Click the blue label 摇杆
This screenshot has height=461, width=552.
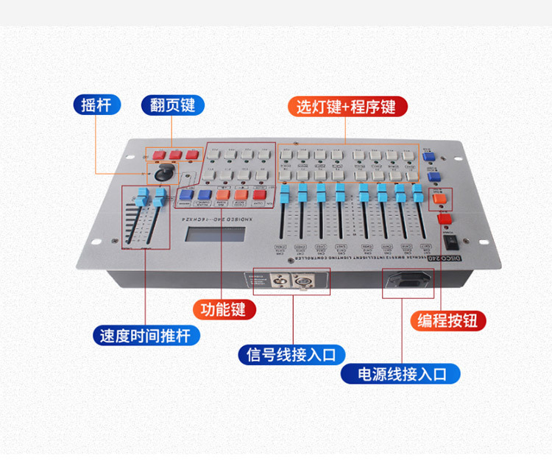coord(96,105)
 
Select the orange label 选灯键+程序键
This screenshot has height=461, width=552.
coord(346,107)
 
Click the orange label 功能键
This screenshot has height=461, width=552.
coord(224,309)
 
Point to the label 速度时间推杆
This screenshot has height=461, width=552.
coord(145,337)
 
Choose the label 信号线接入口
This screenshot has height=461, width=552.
coord(291,354)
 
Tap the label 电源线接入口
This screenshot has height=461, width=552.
coord(402,374)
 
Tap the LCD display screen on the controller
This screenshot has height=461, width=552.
coord(216,236)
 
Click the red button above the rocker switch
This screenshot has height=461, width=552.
coord(444,219)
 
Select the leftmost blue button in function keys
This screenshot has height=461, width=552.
coord(186,196)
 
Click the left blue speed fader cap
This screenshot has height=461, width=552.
coord(140,197)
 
